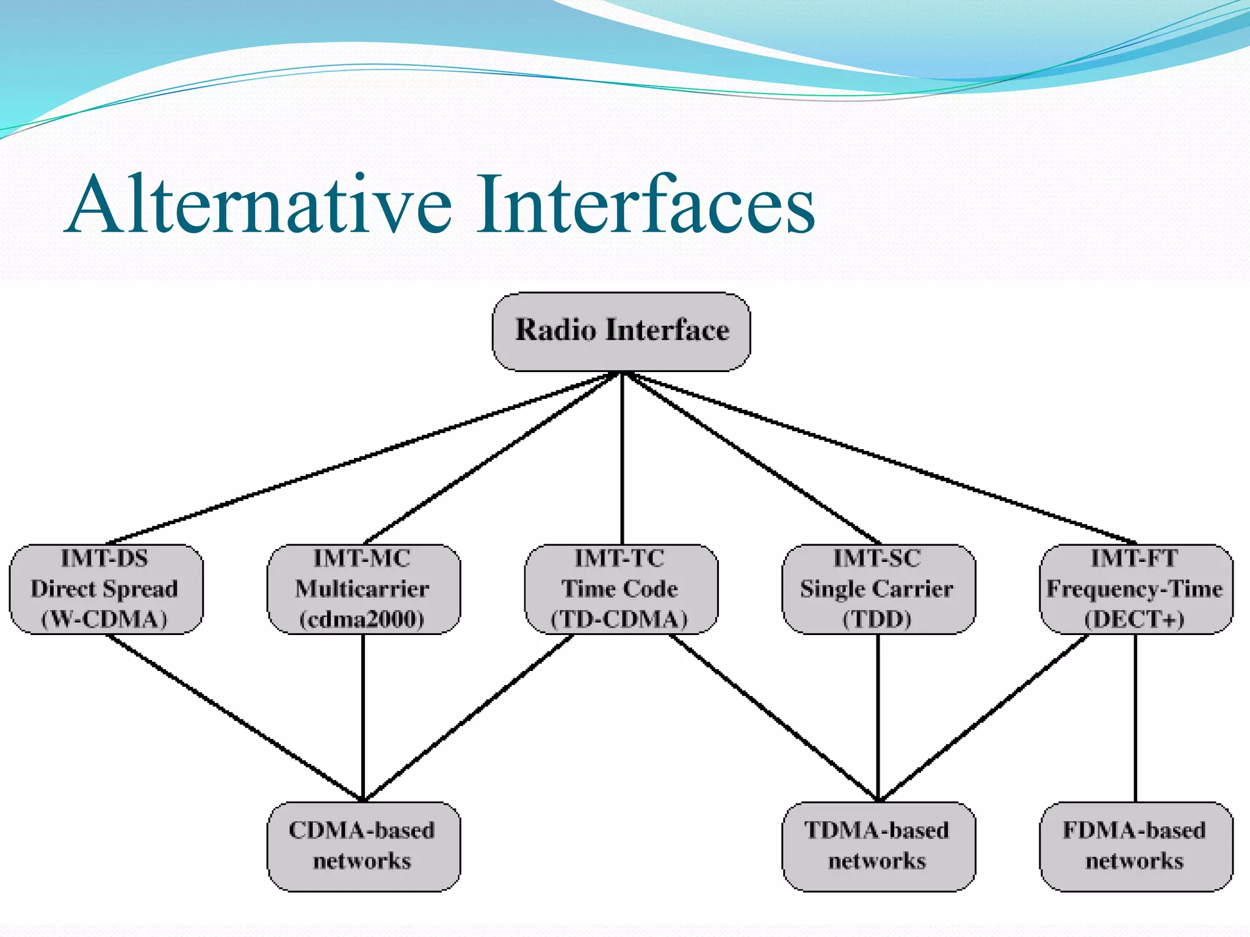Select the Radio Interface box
[621, 331]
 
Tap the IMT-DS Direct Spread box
[105, 589]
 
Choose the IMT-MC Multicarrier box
[363, 589]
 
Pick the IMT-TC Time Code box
[621, 589]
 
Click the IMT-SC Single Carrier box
[878, 589]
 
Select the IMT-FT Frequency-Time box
[1135, 589]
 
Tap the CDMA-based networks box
[363, 846]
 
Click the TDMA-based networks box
[878, 846]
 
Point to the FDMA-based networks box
[1135, 846]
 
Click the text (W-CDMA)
[104, 619]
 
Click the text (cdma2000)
[362, 619]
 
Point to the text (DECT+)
[1135, 619]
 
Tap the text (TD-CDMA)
[620, 619]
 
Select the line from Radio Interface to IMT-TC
[622, 458]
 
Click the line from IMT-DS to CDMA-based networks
[235, 719]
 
